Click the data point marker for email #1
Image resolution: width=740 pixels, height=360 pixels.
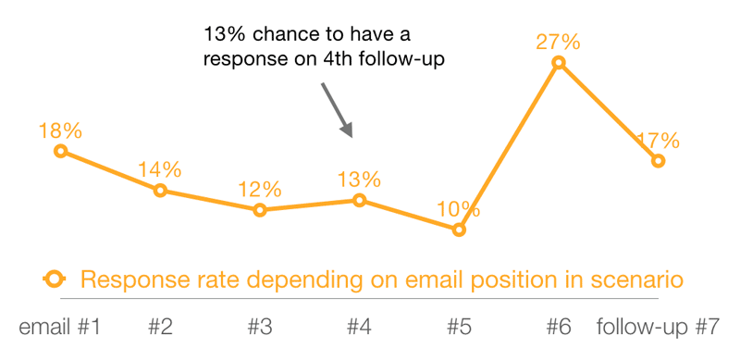point(60,151)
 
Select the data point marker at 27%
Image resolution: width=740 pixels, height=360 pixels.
point(559,63)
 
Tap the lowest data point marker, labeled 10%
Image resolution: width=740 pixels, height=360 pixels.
point(459,230)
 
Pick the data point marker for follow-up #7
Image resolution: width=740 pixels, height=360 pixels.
point(659,160)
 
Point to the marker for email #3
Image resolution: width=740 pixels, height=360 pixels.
point(260,210)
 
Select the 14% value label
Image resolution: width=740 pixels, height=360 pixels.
point(160,169)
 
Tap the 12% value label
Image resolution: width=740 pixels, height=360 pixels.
point(260,189)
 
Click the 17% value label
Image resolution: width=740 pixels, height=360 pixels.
point(659,141)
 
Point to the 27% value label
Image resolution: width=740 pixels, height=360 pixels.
point(559,42)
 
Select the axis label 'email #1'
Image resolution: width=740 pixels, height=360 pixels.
point(59,327)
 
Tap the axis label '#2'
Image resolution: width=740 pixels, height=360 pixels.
point(160,327)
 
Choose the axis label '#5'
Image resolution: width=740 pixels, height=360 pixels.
point(459,327)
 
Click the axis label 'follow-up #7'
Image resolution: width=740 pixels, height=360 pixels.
point(659,327)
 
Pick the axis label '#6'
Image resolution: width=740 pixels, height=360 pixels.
point(559,327)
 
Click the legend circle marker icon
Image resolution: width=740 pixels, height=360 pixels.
point(54,279)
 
